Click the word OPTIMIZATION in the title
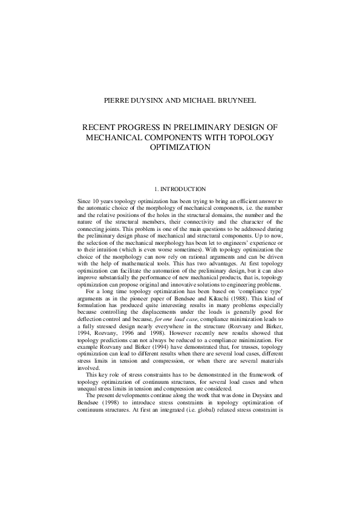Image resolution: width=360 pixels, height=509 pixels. (180, 147)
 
